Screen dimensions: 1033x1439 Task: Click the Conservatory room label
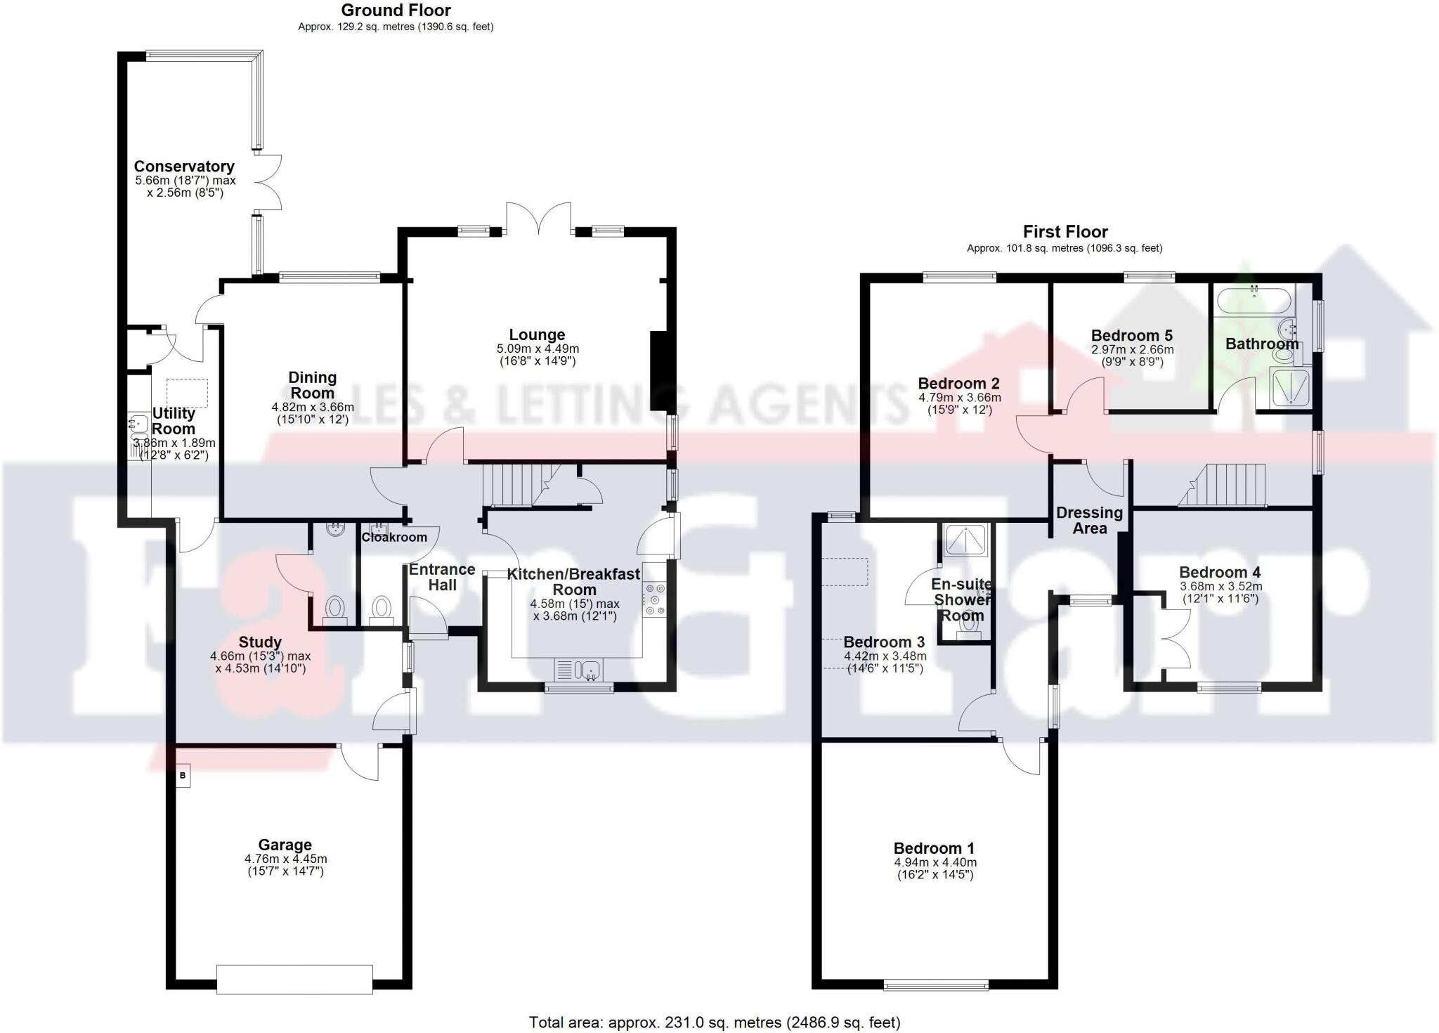[184, 167]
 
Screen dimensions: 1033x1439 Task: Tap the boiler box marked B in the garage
[183, 776]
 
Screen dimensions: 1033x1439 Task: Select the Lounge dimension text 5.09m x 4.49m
[538, 349]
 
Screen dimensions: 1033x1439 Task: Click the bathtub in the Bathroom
[1254, 301]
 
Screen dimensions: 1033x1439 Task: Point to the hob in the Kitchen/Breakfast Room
[655, 599]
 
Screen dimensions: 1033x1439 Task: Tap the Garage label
[285, 845]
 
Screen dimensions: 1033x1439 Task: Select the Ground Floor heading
[396, 11]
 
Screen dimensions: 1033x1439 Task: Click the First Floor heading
[1065, 232]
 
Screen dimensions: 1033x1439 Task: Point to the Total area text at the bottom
[714, 1022]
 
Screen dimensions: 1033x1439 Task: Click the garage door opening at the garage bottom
[294, 980]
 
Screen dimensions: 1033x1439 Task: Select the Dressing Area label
[1089, 521]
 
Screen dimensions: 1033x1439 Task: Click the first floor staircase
[1226, 485]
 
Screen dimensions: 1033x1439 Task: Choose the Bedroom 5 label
[1131, 336]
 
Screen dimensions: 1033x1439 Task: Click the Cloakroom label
[394, 538]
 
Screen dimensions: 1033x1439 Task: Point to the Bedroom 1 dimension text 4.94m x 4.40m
[935, 863]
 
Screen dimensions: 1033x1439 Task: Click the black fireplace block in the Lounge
[660, 371]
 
